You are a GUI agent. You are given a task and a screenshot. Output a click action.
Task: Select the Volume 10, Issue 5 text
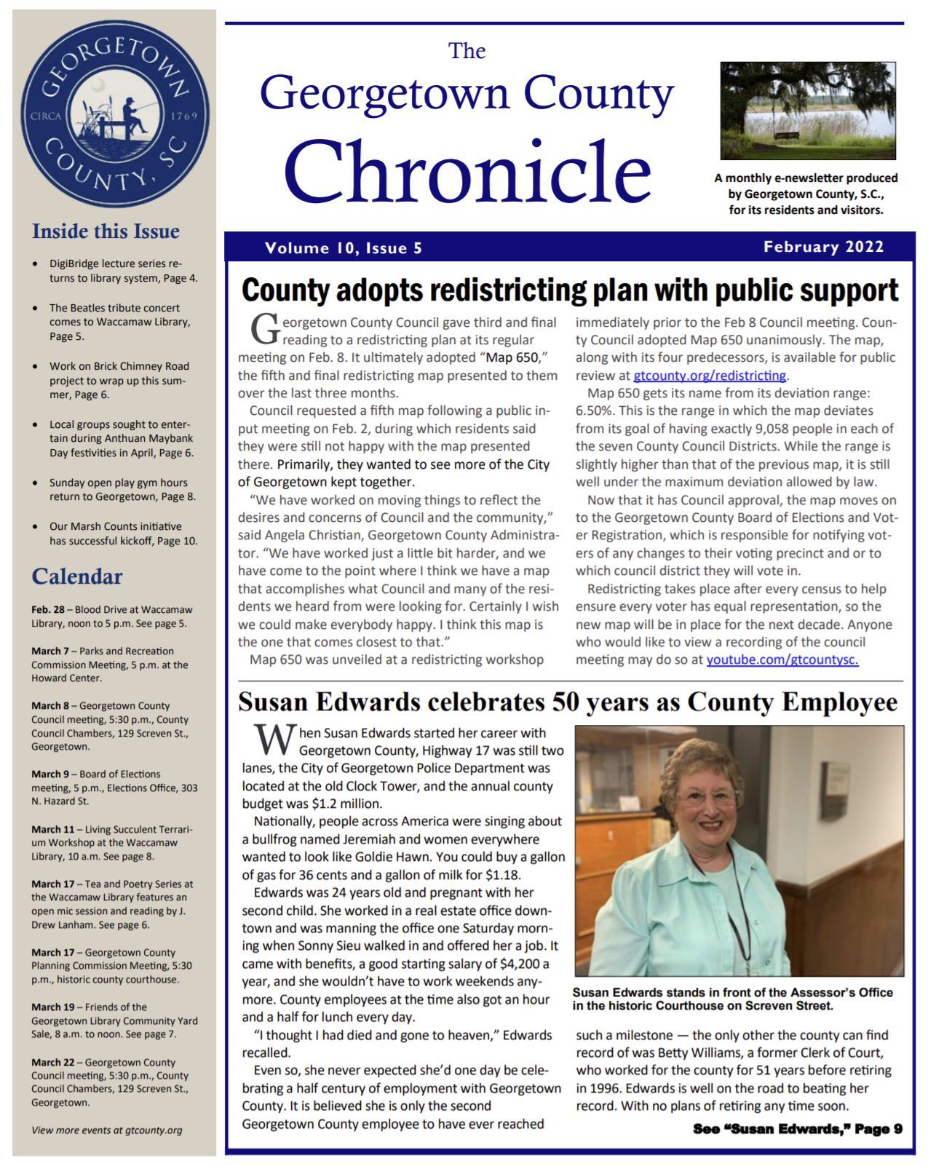point(344,248)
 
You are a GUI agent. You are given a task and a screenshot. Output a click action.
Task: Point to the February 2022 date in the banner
point(823,247)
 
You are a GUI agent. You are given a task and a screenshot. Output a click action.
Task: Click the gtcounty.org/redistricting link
point(710,376)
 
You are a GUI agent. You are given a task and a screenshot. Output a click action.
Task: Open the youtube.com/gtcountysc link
point(782,659)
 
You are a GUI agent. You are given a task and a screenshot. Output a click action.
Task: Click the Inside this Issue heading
point(106,231)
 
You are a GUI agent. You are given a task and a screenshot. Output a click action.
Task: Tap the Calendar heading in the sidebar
point(76,576)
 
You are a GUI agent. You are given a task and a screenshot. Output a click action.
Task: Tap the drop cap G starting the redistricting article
point(263,329)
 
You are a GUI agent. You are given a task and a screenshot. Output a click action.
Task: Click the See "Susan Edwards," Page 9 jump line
point(797,1129)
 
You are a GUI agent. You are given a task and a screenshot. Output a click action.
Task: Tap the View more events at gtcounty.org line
point(106,1130)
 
